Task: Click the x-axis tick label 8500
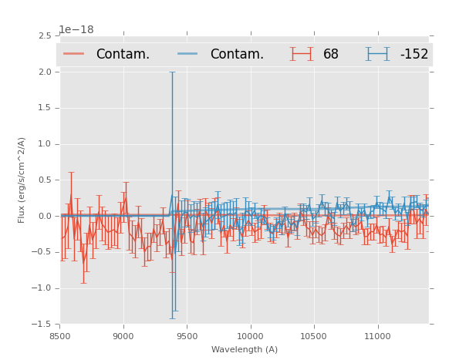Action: click(x=60, y=335)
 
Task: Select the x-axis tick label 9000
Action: click(x=123, y=335)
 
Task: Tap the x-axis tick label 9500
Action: click(x=187, y=335)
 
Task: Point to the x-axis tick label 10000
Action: click(x=250, y=335)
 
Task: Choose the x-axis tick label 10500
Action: click(x=313, y=335)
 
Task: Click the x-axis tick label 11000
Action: click(x=376, y=335)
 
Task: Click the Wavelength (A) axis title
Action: click(x=245, y=350)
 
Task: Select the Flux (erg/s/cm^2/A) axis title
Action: click(x=22, y=180)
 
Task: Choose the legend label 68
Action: click(x=331, y=55)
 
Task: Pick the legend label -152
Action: click(x=414, y=55)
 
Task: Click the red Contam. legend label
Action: click(x=123, y=55)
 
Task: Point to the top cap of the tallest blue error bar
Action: click(x=172, y=72)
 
